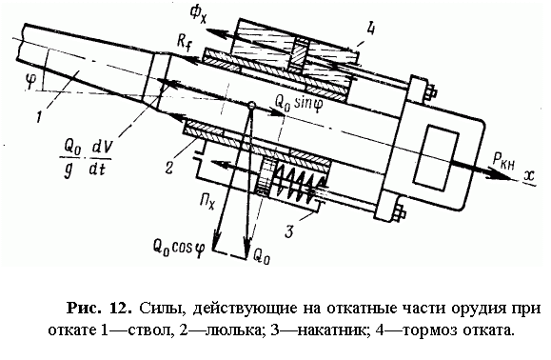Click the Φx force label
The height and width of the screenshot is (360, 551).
[x=198, y=15]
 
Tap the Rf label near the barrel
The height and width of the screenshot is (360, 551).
[x=185, y=44]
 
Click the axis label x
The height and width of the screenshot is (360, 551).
[x=528, y=177]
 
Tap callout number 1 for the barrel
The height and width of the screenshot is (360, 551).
[x=40, y=115]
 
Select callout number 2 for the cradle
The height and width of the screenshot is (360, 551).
[x=168, y=167]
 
